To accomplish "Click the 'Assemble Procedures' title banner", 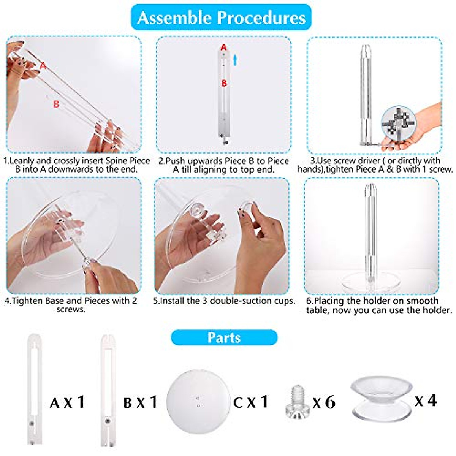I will tap(221, 18).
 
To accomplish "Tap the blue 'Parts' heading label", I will tap(224, 337).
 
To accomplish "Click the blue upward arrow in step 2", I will tap(235, 59).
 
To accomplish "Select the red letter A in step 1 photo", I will tap(43, 66).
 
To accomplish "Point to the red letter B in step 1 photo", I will tap(56, 104).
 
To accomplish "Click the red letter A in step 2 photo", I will tap(224, 47).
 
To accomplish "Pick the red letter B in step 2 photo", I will tap(224, 83).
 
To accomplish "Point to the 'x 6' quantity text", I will tap(324, 402).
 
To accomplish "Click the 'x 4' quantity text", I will tap(426, 401).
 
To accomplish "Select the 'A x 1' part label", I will tap(67, 402).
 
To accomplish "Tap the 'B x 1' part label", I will tap(140, 402).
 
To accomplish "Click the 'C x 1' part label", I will tap(251, 402).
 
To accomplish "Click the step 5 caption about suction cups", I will tap(224, 301).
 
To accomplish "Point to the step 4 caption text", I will tap(71, 305).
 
